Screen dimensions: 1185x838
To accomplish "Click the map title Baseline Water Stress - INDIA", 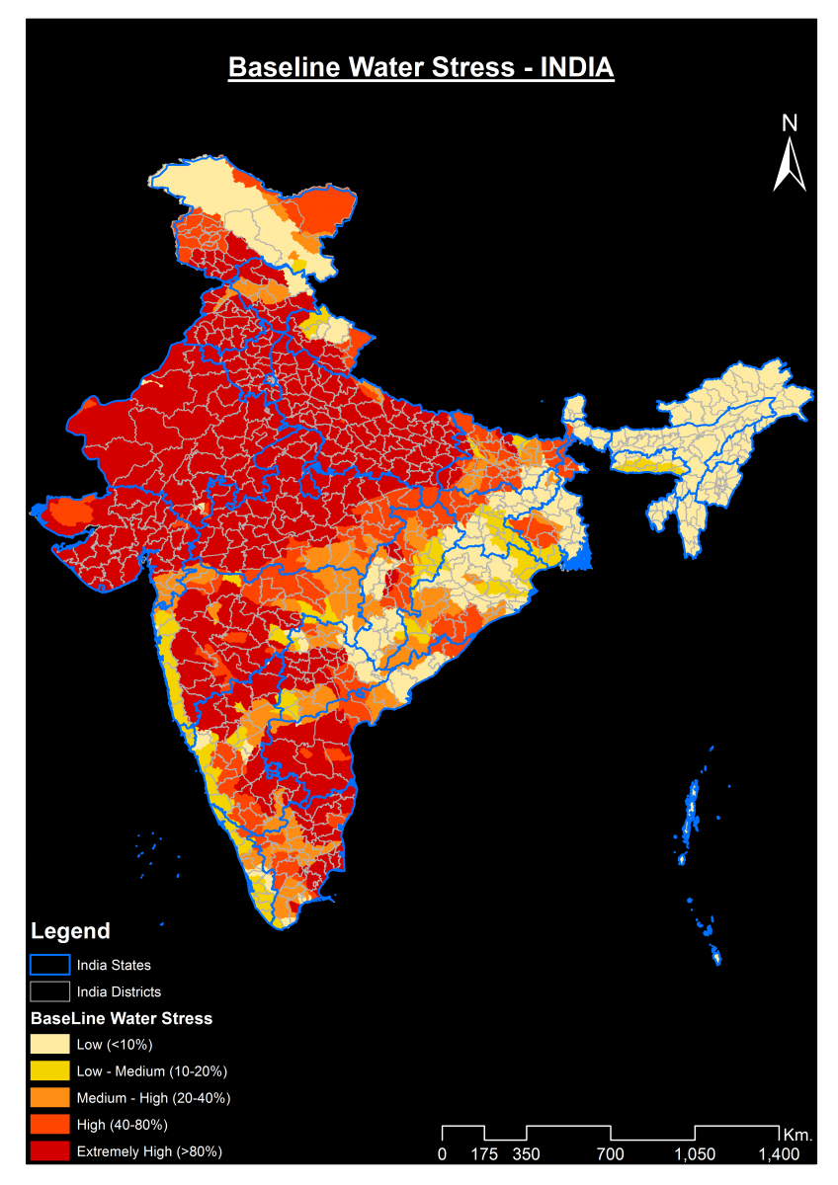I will click(x=421, y=68).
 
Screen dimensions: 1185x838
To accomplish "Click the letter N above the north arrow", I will click(x=789, y=123).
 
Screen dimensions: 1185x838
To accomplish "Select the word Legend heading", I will click(x=70, y=931).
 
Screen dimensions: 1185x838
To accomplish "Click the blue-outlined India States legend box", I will click(x=49, y=965).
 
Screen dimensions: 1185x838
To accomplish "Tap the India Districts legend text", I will click(x=119, y=991).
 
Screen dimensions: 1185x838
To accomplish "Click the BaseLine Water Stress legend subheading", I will click(x=122, y=1018).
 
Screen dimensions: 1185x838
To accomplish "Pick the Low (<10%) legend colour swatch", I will click(x=49, y=1044).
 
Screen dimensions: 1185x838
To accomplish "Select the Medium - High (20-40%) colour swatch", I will click(x=49, y=1097).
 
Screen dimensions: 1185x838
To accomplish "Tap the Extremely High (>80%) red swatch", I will click(x=49, y=1150).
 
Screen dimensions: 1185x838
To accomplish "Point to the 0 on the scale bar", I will click(x=442, y=1153).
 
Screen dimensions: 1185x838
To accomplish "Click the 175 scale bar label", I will click(x=484, y=1153).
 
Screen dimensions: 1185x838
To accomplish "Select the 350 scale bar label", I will click(x=527, y=1153).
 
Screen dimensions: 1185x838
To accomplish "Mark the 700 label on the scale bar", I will click(x=611, y=1153).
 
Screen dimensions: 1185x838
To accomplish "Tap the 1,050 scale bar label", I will click(x=695, y=1153).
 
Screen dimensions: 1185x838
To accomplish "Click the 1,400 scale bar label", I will click(x=779, y=1153).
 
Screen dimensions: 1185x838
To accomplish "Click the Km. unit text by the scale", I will click(x=797, y=1134).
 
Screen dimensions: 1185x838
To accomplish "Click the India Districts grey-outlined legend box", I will click(x=49, y=991).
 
